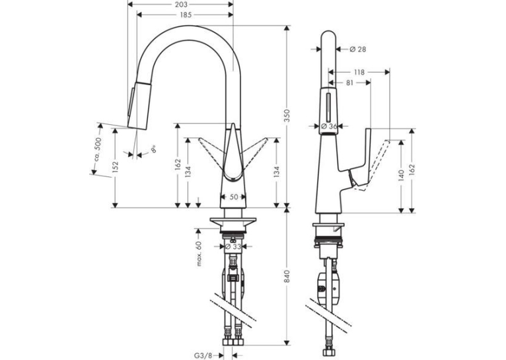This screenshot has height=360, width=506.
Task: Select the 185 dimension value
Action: tap(186, 15)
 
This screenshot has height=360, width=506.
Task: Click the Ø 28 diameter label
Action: tap(358, 49)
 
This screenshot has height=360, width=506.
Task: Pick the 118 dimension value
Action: tap(359, 72)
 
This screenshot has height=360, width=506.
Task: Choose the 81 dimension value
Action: tap(350, 83)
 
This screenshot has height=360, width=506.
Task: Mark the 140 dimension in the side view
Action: tap(401, 175)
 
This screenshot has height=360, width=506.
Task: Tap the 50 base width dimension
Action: tap(234, 197)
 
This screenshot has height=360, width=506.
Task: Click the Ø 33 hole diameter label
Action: tap(233, 246)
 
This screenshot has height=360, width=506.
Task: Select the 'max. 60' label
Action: tap(199, 254)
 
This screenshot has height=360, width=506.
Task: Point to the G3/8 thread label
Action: tap(203, 355)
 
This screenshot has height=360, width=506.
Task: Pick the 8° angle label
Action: tap(154, 149)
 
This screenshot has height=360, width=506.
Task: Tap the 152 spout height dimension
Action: tap(115, 166)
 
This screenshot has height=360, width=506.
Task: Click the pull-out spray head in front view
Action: tap(139, 106)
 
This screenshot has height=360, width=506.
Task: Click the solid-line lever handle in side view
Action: tap(359, 159)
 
